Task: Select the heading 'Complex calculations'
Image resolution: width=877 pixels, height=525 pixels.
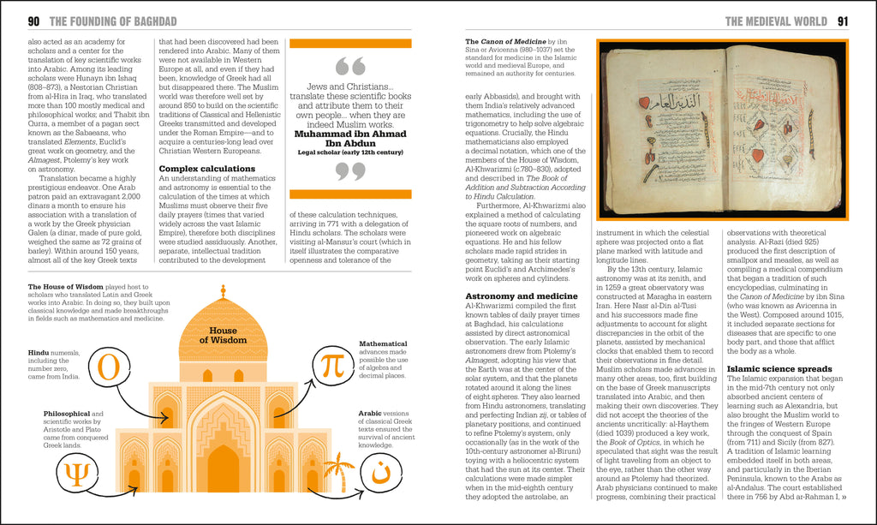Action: point(207,169)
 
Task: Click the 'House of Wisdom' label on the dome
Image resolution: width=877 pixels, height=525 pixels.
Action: point(223,335)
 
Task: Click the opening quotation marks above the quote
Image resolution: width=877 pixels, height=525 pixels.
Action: point(350,67)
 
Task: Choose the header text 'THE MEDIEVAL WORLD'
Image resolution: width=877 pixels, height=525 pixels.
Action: point(775,21)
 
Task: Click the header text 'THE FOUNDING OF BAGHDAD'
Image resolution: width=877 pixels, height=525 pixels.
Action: point(114,21)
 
